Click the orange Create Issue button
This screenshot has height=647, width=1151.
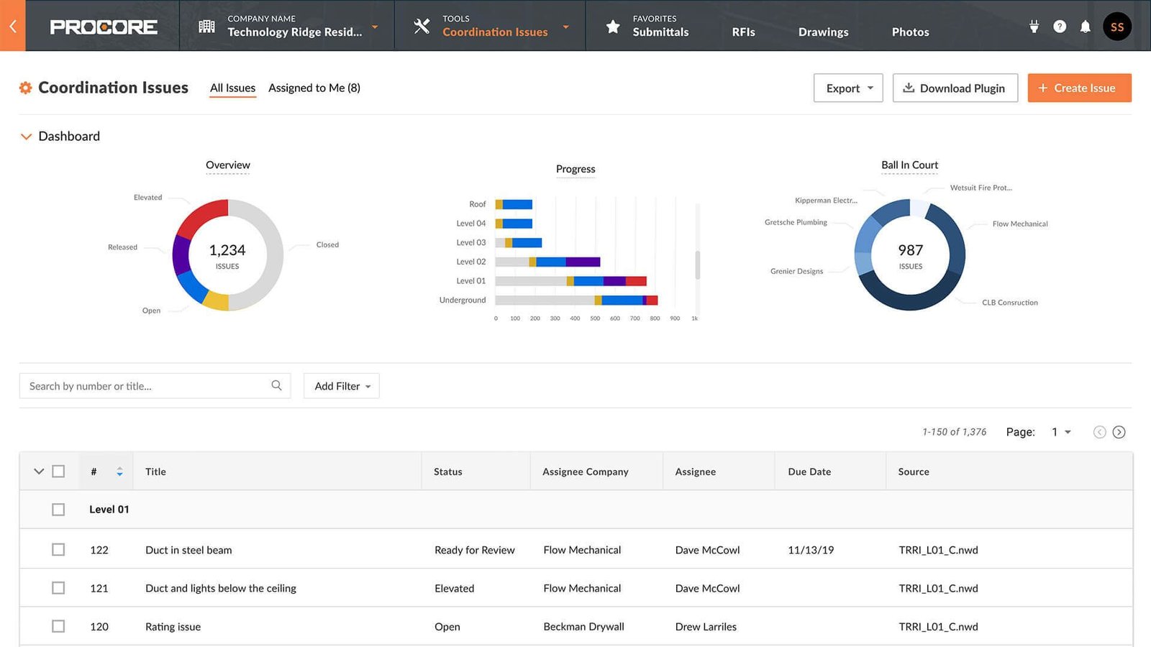click(1079, 88)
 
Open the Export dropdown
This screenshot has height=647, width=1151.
click(848, 88)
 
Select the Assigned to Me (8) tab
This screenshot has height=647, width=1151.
click(314, 88)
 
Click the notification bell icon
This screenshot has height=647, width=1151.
click(1085, 27)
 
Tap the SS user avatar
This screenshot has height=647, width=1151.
click(1116, 27)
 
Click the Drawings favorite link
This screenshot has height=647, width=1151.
click(823, 32)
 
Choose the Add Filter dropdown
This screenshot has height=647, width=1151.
click(342, 386)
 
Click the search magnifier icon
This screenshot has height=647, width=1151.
click(276, 385)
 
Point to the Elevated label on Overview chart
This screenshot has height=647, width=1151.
click(147, 198)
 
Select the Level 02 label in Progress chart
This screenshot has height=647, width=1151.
click(470, 262)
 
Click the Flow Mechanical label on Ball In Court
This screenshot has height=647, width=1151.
click(1019, 224)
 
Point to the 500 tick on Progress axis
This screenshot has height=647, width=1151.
click(595, 318)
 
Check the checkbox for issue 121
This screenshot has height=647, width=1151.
click(58, 588)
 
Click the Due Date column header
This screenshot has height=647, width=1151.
click(809, 472)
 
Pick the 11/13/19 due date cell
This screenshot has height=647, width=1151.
click(811, 550)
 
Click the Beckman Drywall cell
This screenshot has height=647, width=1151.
click(583, 627)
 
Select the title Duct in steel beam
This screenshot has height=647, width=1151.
click(188, 550)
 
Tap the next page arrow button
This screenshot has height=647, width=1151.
click(1119, 432)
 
